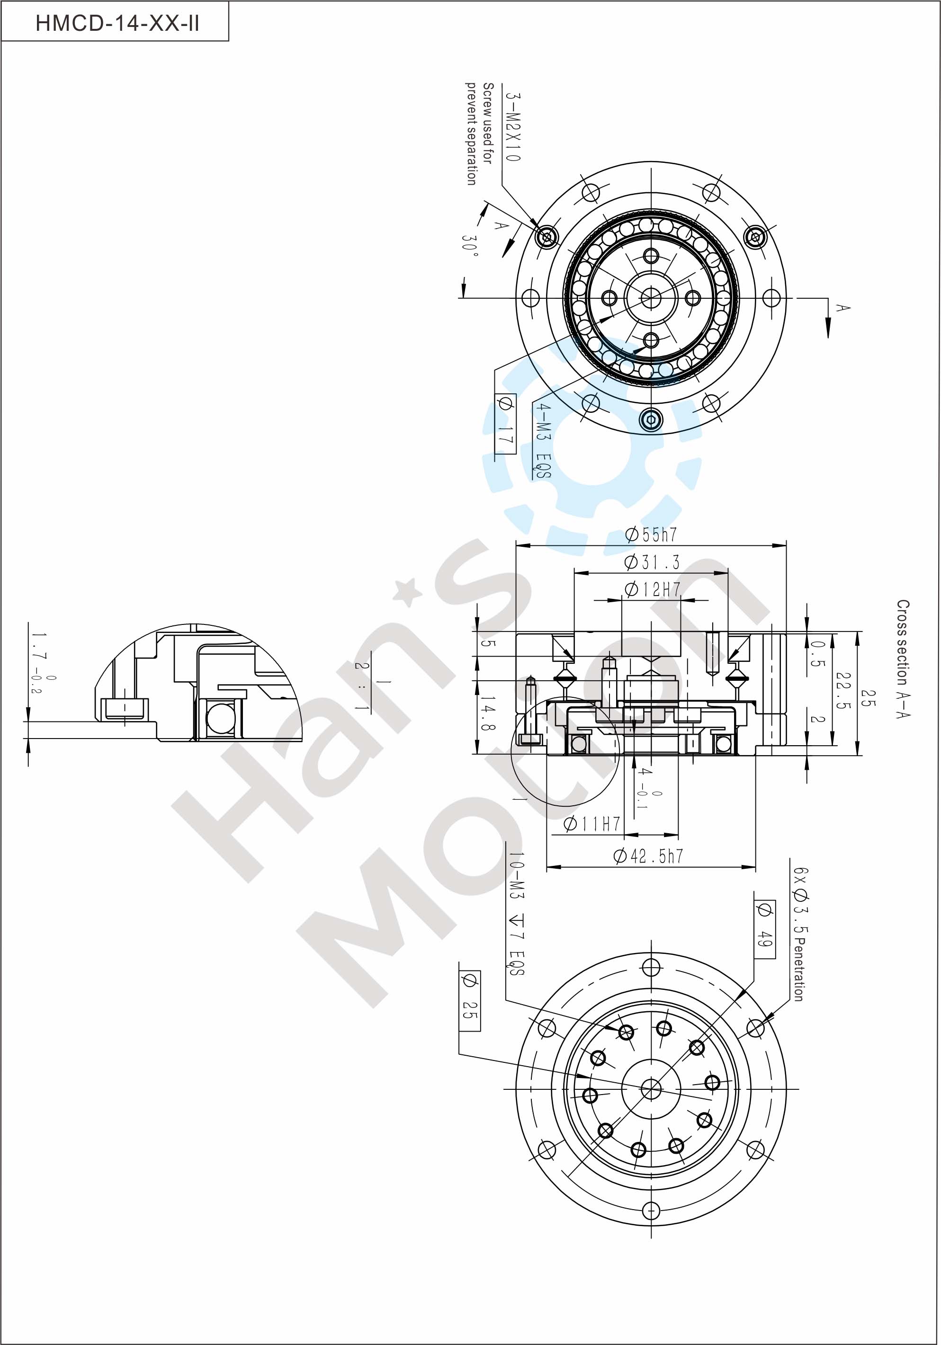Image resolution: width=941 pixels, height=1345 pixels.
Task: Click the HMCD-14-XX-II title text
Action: (117, 23)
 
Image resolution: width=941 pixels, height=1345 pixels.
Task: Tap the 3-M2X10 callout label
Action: (513, 127)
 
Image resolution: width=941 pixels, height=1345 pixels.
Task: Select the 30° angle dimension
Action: (470, 251)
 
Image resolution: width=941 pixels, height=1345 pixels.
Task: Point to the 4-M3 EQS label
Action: (543, 441)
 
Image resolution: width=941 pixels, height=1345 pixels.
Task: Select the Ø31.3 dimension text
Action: (652, 562)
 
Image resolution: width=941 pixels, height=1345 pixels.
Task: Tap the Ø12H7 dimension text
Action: (652, 589)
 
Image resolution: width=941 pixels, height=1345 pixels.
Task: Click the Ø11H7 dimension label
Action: (592, 824)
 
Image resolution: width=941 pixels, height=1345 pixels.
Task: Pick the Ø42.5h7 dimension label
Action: (648, 856)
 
